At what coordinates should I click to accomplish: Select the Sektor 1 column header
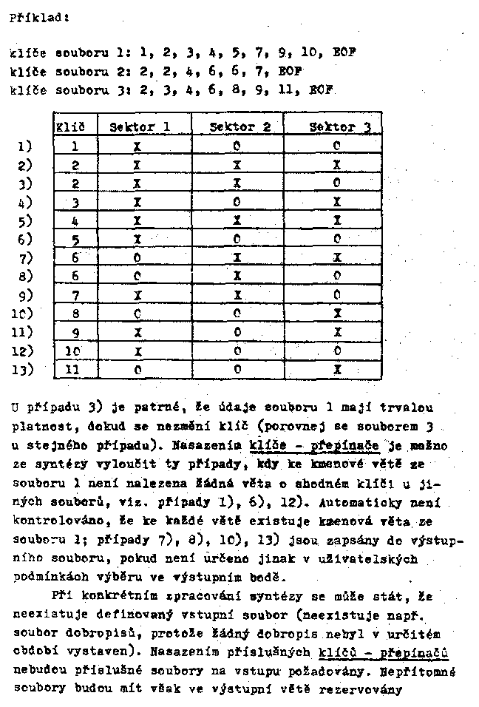pos(140,126)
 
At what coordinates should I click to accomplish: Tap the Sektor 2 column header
pos(237,126)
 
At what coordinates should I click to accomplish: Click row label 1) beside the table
pos(24,146)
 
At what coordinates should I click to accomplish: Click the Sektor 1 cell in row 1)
pos(137,146)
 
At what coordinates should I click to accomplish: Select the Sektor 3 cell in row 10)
pos(337,314)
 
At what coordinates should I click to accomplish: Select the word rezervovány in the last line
pos(361,690)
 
